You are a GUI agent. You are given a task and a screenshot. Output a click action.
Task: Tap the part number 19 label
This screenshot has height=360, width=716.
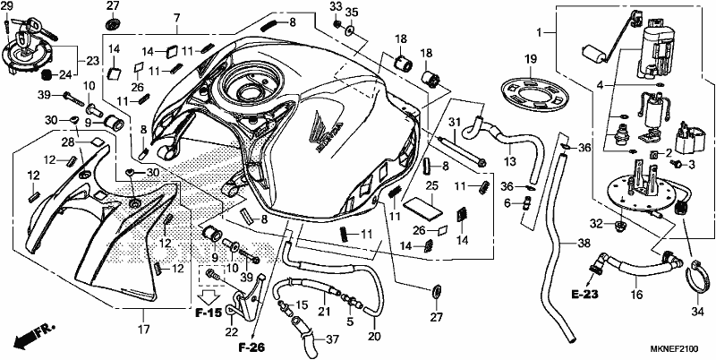tap(530, 59)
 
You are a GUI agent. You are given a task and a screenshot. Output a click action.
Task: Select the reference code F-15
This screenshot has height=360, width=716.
tap(209, 313)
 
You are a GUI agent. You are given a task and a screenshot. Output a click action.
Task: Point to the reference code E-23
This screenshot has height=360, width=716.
tap(584, 296)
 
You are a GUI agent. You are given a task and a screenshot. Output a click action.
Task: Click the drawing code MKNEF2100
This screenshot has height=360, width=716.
tap(675, 349)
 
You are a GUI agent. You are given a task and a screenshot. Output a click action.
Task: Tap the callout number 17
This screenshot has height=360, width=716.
tap(144, 329)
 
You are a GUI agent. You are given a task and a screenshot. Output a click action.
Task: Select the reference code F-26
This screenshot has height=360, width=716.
tap(251, 347)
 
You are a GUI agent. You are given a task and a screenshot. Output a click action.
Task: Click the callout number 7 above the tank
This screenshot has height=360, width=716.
tap(176, 18)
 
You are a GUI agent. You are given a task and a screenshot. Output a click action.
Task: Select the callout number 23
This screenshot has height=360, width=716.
tap(93, 60)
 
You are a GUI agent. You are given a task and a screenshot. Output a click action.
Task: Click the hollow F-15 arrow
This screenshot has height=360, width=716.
tap(210, 296)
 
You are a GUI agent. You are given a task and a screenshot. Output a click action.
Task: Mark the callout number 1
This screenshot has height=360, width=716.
tap(540, 32)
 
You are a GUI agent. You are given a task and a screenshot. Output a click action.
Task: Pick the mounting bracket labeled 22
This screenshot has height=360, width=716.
tap(247, 297)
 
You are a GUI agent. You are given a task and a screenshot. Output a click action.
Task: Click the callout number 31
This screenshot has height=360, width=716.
tap(453, 122)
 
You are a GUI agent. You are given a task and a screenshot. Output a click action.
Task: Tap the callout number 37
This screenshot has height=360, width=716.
tap(332, 339)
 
